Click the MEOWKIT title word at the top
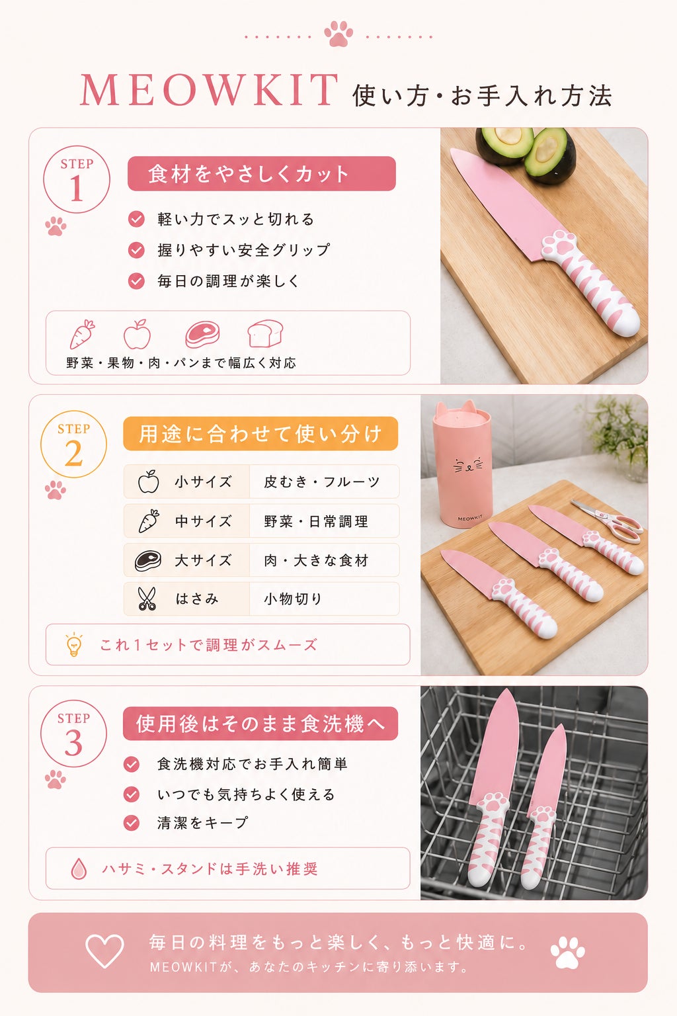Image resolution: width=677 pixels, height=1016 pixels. tap(209, 91)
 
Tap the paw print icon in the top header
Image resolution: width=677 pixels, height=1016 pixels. tap(338, 33)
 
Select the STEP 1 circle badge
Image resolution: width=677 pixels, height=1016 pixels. tap(77, 180)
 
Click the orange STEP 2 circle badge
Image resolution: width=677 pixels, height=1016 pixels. tap(74, 444)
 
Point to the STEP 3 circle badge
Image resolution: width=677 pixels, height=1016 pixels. tap(74, 734)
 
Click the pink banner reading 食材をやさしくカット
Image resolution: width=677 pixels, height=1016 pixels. tap(262, 174)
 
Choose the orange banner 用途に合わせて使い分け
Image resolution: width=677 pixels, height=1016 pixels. tap(260, 434)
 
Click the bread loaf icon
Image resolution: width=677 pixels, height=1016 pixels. tap(265, 333)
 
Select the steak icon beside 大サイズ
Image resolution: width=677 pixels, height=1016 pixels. tap(148, 561)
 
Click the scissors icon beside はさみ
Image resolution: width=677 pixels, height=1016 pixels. tap(147, 599)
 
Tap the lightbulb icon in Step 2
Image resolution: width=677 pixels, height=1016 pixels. tap(74, 644)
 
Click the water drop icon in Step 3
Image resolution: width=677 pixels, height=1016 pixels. tap(79, 868)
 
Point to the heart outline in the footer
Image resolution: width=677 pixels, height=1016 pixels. tap(104, 951)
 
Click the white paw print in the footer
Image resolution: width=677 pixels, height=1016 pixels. tap(567, 952)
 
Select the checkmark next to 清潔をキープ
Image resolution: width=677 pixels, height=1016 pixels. tap(132, 822)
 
